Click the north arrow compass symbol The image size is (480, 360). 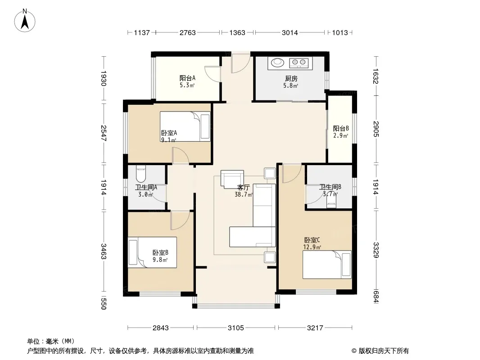[25, 21]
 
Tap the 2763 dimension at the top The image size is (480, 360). [187, 32]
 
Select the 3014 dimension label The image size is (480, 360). [290, 32]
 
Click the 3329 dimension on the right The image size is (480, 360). [376, 250]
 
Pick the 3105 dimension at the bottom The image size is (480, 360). [235, 328]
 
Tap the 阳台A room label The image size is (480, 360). [187, 78]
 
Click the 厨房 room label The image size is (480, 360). [291, 79]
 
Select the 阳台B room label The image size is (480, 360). [341, 128]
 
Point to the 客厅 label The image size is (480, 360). [243, 187]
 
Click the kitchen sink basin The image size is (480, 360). [277, 63]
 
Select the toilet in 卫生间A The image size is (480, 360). [141, 174]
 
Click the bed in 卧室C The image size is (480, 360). [327, 265]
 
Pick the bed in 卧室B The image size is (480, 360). [152, 252]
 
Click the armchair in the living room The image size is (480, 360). [232, 180]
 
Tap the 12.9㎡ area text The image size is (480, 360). [312, 247]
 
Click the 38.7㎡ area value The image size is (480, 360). [244, 194]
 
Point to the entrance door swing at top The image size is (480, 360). [241, 63]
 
